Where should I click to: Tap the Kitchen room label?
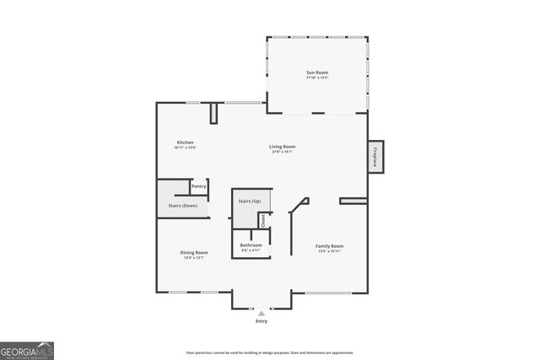coord(186,142)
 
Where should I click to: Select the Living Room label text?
coord(282,147)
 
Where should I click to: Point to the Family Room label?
coord(330,246)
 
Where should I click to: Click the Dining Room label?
coord(194,252)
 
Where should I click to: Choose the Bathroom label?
coord(251,245)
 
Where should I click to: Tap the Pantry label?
coord(199,186)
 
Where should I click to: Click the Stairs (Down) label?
coord(183,206)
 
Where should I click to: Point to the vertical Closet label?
coord(262,221)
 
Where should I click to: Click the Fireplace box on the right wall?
coord(375,157)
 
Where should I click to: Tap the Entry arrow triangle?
coord(261,313)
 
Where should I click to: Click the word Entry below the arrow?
coord(261,322)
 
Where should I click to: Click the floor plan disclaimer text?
coord(269,352)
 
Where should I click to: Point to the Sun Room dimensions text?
coord(316,79)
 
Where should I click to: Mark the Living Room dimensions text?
coord(282,152)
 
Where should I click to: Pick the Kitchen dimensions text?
coord(185,148)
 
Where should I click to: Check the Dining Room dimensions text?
coord(194,257)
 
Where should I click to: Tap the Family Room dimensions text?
coord(330,251)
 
